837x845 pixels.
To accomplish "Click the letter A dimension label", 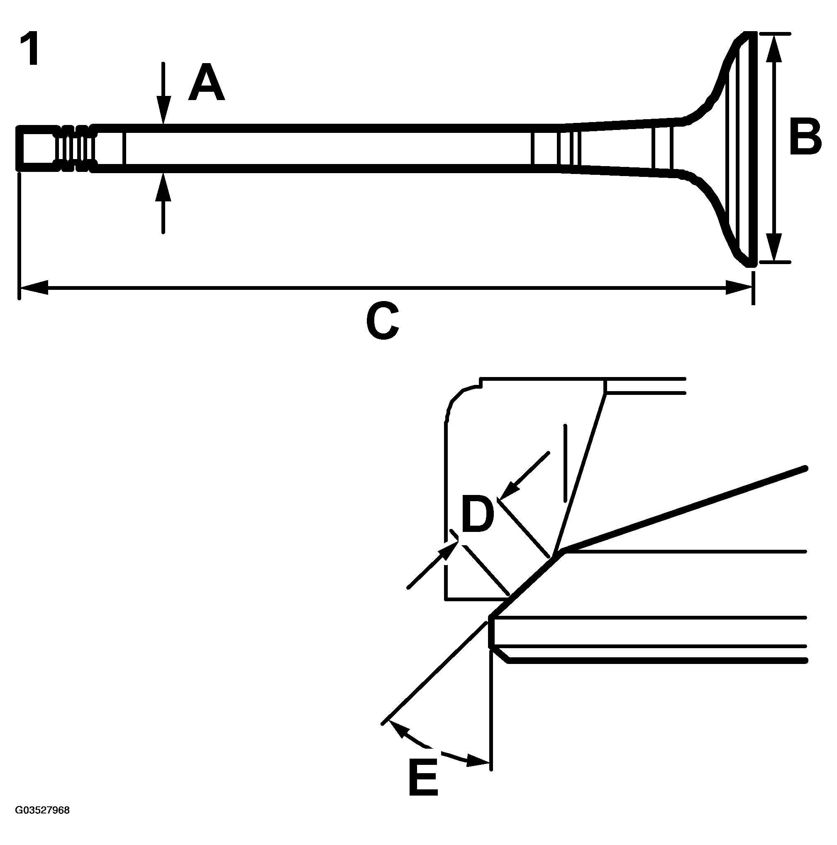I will tap(206, 82).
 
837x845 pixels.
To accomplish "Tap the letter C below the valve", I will tap(383, 321).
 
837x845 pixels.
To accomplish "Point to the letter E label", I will tap(423, 778).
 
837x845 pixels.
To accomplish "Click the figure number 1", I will tap(30, 49).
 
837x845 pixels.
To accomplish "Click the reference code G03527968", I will tap(42, 811).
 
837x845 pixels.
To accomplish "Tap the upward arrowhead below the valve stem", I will tap(163, 184).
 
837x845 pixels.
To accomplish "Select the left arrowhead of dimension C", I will tap(33, 287).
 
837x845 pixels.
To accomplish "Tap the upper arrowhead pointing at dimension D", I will tap(508, 491).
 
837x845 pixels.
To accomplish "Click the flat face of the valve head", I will tap(752, 149).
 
